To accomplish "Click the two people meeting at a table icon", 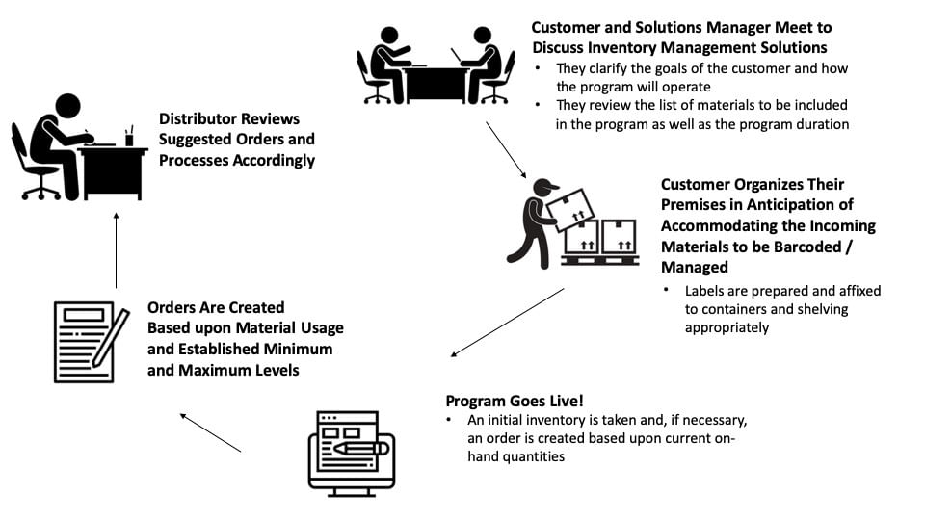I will pos(436,65).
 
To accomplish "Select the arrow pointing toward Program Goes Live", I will pos(507,323).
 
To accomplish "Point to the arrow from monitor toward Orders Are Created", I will pos(210,432).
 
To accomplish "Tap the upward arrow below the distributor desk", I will pos(116,249).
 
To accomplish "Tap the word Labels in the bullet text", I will pos(706,291).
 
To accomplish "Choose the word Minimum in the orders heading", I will pos(290,349).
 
